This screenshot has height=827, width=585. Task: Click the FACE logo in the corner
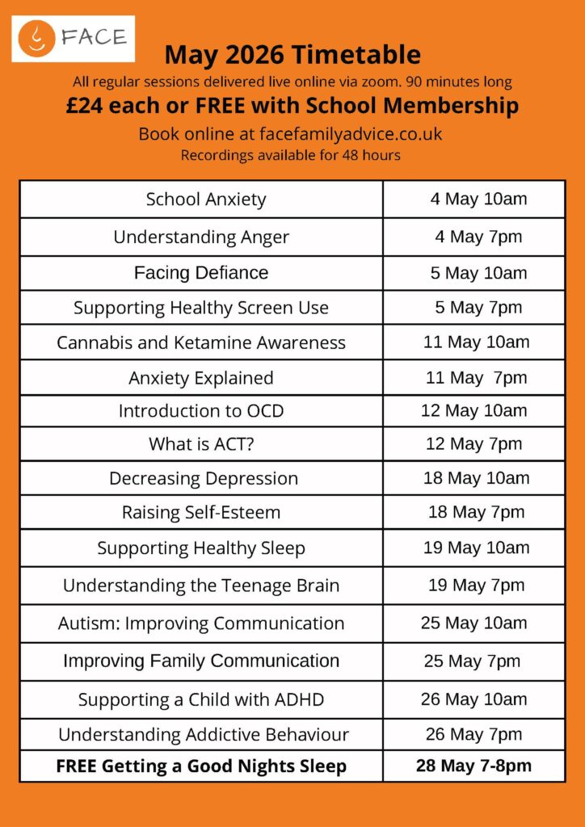pos(73,38)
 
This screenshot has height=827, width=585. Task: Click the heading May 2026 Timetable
pos(292,55)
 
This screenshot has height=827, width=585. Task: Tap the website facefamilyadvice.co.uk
pos(351,134)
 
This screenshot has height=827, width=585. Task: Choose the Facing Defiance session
pos(201,273)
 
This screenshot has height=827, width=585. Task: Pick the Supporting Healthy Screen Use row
pos(201,308)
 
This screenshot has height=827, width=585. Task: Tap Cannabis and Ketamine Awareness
pos(201,342)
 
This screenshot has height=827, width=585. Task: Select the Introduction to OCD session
pos(201,410)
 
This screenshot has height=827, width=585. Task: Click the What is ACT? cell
pos(201,444)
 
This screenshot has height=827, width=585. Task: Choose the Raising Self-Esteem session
pos(201,512)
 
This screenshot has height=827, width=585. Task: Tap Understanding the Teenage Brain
pos(201,586)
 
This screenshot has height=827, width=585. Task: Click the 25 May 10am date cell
pos(474,623)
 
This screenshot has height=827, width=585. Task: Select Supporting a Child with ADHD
pos(201,699)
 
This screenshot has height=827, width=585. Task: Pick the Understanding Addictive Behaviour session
pos(203,735)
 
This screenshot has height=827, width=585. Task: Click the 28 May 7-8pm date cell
pos(474,766)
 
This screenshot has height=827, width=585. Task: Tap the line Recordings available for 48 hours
pos(290,155)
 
